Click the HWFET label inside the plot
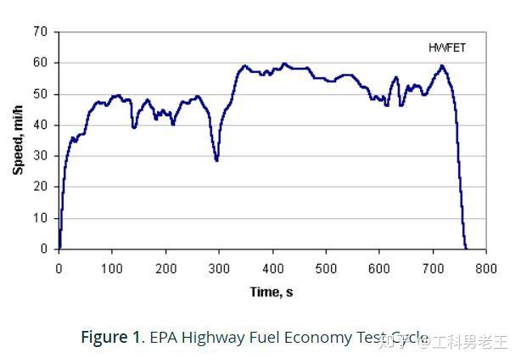coord(447,48)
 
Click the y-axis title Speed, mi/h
coord(18,140)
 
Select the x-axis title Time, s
coord(272,293)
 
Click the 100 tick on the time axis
coord(112,268)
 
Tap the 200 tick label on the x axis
coord(165,268)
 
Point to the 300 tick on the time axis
coord(219,268)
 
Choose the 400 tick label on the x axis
coord(272,268)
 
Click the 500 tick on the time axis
coord(326,268)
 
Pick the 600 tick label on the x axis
coord(379,268)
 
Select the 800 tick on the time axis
coord(485,268)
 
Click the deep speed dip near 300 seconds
coord(216,158)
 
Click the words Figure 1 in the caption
coord(111,337)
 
